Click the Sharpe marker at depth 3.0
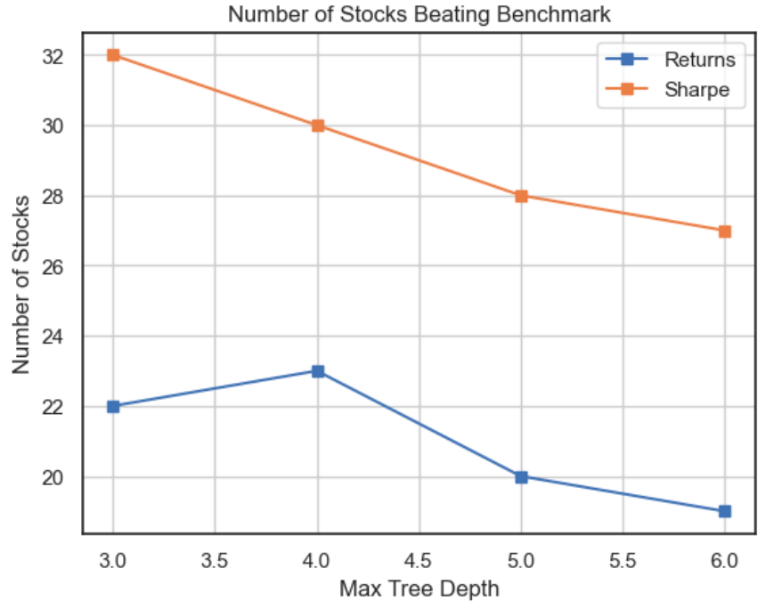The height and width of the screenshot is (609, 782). [113, 55]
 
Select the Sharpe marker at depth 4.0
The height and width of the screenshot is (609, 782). [317, 126]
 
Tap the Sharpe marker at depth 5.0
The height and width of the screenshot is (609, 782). [521, 196]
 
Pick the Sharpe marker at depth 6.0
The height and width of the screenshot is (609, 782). [725, 231]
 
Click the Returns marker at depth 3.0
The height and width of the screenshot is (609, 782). [113, 406]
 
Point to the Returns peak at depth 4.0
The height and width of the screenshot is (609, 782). [317, 371]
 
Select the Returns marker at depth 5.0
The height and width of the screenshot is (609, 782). [521, 477]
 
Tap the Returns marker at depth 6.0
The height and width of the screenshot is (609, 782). [725, 511]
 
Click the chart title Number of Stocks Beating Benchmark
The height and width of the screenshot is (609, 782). [420, 14]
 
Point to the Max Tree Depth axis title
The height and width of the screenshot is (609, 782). [419, 589]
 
